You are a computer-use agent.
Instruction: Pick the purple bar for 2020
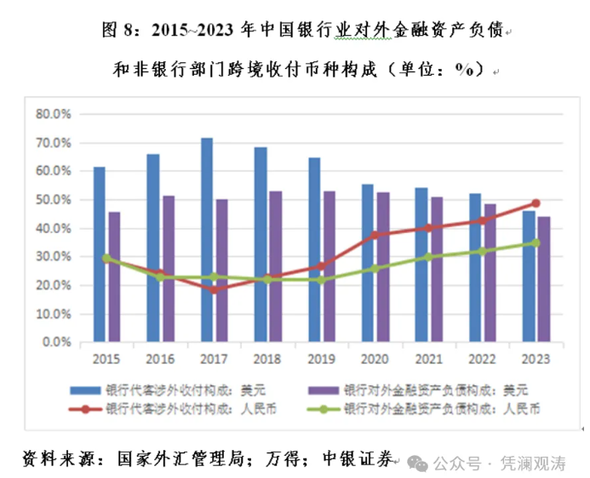tap(383, 267)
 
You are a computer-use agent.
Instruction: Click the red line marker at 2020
tap(375, 234)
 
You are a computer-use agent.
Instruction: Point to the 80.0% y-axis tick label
tap(53, 113)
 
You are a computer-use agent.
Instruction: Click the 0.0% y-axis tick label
tap(56, 343)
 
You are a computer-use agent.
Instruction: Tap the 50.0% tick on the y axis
tap(53, 199)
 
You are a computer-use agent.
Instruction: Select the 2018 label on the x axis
tap(268, 358)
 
